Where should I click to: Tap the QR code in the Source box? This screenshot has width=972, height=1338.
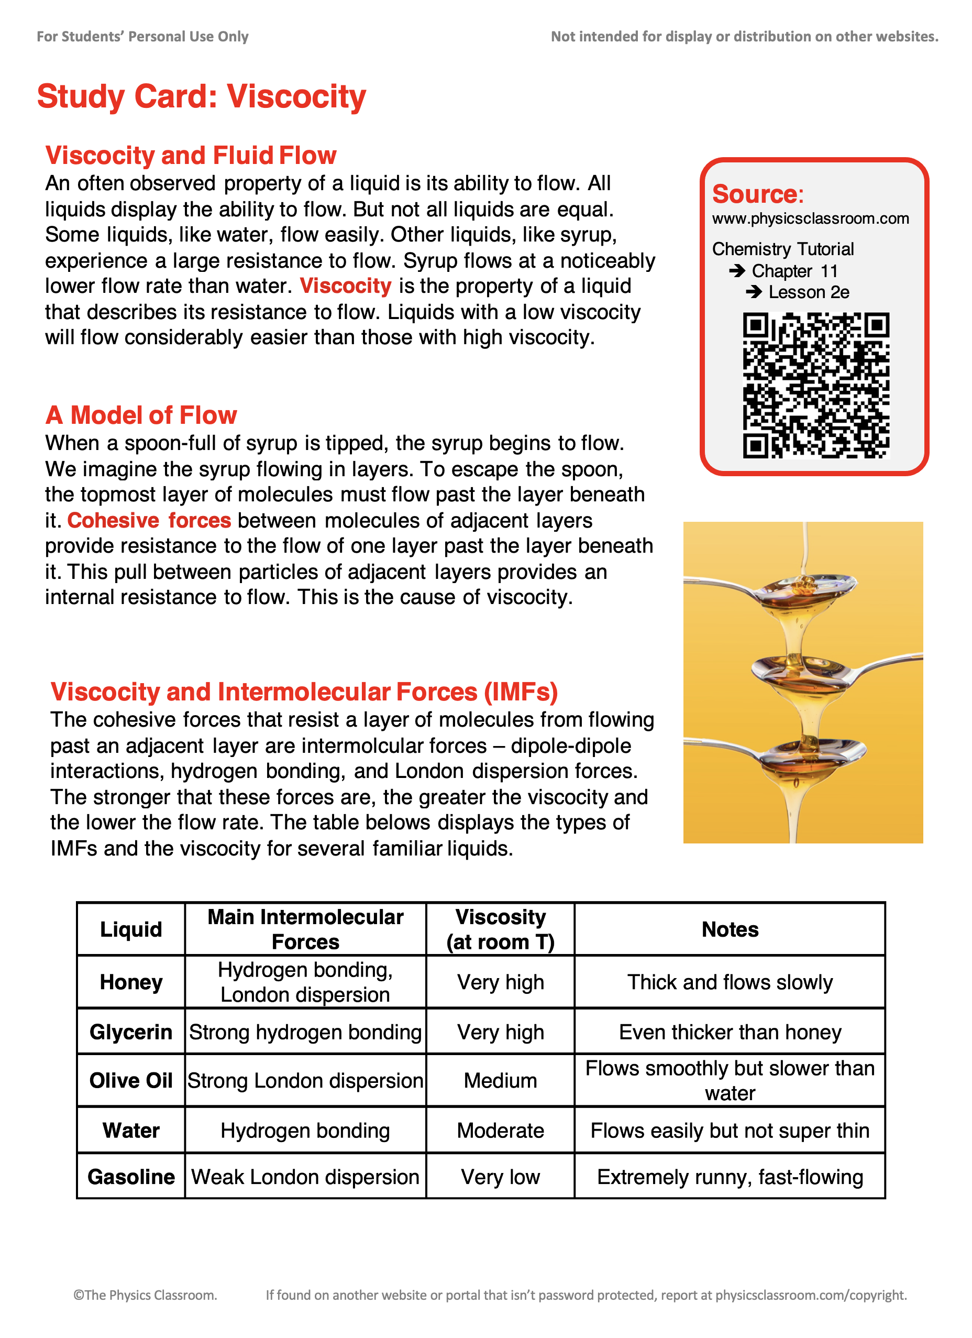(x=816, y=385)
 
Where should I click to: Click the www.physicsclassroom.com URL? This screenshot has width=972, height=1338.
(x=810, y=218)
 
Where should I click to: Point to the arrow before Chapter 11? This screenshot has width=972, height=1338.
(x=737, y=271)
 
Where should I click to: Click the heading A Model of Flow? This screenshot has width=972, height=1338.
(x=141, y=415)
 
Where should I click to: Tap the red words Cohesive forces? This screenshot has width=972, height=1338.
(x=149, y=520)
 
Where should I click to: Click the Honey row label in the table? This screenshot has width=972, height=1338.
(x=131, y=982)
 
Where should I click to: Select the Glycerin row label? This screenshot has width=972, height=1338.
(x=131, y=1033)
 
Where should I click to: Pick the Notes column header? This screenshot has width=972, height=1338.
(x=730, y=930)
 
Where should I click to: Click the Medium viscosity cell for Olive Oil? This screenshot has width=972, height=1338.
(x=500, y=1081)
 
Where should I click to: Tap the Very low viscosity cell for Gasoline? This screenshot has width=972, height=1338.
(x=500, y=1177)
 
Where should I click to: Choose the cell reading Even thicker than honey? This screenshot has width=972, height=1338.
(x=730, y=1033)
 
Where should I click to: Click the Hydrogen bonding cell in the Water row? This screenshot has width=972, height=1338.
(x=305, y=1131)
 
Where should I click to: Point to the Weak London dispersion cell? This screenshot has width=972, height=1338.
(x=305, y=1177)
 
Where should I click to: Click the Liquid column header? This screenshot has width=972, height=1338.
(x=131, y=930)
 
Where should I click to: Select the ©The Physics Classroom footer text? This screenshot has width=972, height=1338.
(x=145, y=1295)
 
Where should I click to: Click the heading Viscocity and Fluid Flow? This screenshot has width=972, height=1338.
(x=191, y=155)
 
